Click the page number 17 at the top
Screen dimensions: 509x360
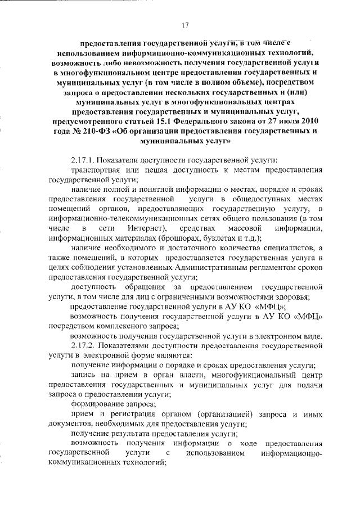(185, 24)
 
